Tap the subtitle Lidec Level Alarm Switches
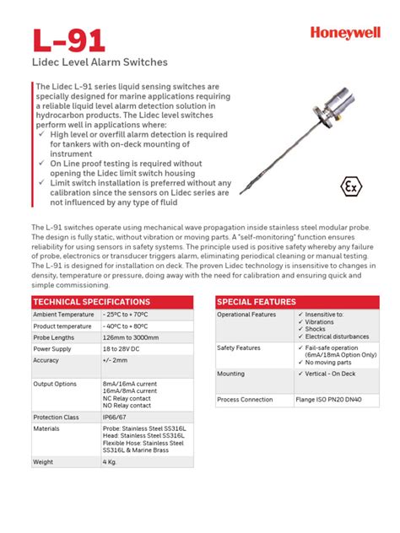point(100,62)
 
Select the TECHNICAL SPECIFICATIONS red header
point(91,302)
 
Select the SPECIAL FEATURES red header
point(257,302)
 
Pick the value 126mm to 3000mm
point(131,337)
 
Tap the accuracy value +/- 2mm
point(116,360)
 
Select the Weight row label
point(43,462)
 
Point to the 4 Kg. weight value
point(110,462)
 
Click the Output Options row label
point(57,383)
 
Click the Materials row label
point(46,428)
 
